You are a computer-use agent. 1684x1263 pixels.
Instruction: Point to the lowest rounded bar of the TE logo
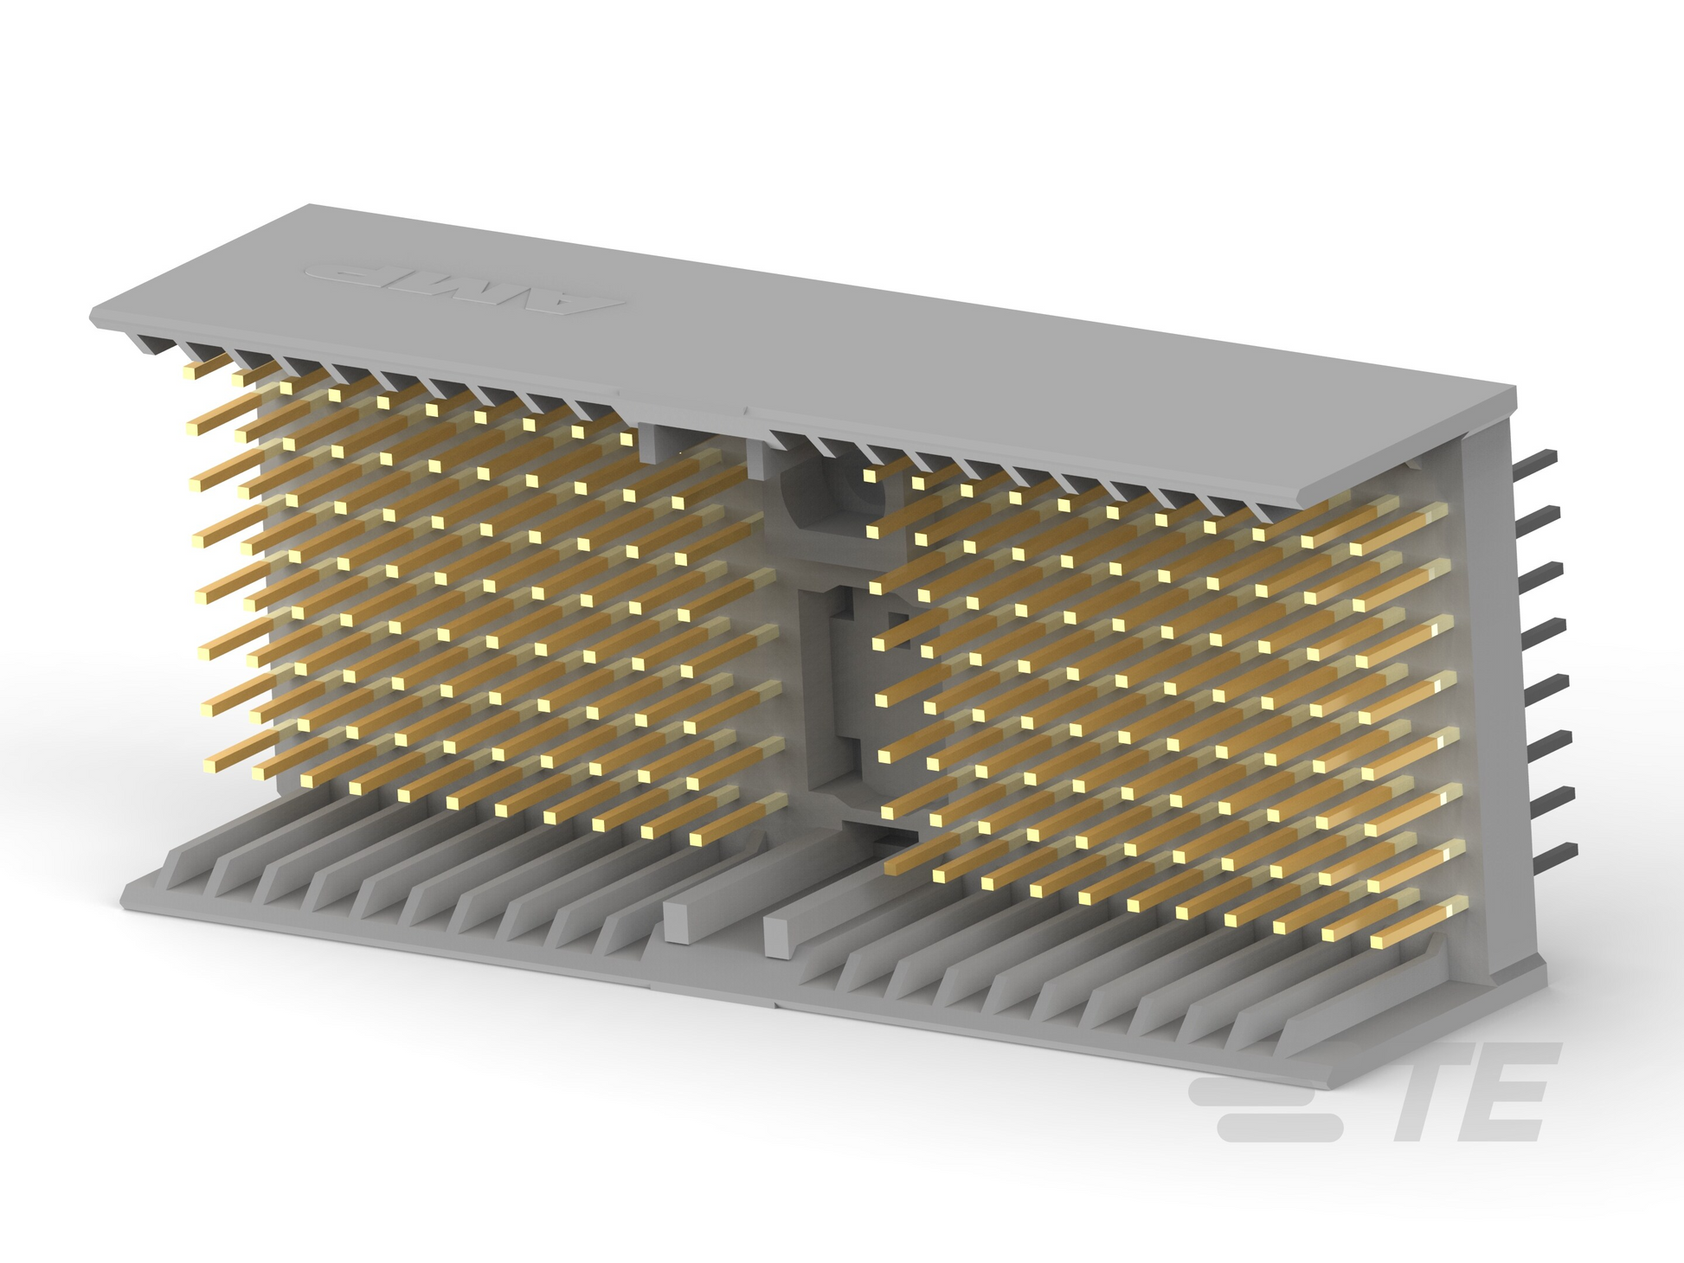1279,1127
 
